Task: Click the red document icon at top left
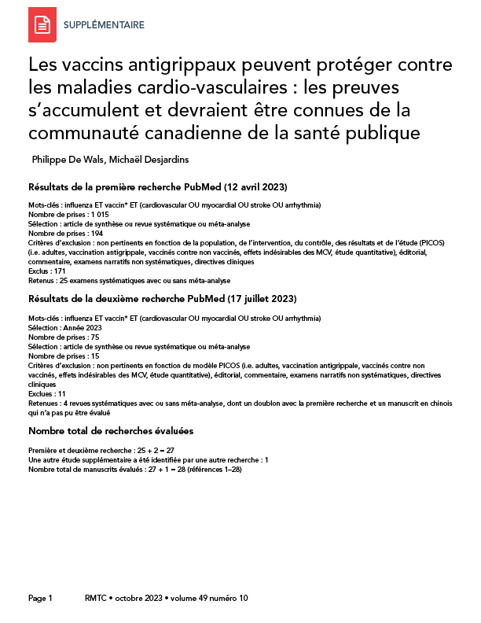click(x=42, y=25)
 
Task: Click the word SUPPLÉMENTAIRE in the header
click(x=103, y=25)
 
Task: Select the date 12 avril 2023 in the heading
click(x=255, y=187)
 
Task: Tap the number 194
click(x=97, y=234)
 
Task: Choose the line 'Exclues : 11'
click(x=47, y=393)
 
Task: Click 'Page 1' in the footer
click(x=40, y=598)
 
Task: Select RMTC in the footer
click(x=95, y=598)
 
